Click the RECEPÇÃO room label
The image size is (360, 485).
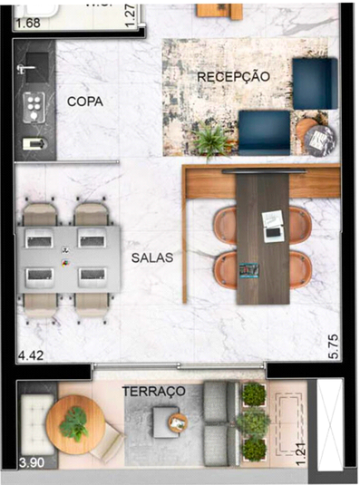233,77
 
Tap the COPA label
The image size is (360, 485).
85,102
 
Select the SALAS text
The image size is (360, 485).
151,257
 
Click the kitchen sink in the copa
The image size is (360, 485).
35,68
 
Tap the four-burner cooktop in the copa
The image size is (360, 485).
35,105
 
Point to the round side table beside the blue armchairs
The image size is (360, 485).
318,138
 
